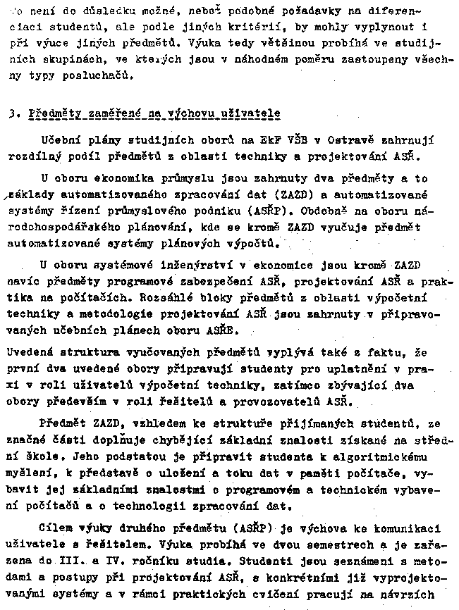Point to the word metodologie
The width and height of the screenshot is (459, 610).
tap(114, 312)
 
